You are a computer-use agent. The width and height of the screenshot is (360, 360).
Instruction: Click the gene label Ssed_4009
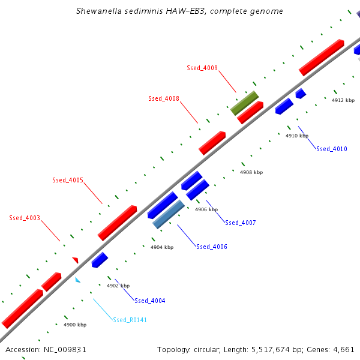[202, 68]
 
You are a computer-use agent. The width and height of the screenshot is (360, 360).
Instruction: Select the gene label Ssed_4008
[164, 98]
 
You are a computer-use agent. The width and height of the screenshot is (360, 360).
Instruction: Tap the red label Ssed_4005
[68, 180]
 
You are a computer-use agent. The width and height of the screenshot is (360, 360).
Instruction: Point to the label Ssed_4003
[25, 218]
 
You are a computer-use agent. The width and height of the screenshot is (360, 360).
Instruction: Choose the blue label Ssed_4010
[332, 149]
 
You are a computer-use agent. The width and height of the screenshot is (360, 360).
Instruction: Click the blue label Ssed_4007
[241, 223]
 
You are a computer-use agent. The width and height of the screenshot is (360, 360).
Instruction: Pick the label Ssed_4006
[212, 247]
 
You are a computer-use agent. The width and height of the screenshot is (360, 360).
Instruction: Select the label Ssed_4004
[150, 301]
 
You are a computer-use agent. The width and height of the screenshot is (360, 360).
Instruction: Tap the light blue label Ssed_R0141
[130, 320]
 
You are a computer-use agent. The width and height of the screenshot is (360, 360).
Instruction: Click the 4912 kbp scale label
[343, 100]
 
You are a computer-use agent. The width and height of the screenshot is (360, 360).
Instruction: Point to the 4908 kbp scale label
[251, 172]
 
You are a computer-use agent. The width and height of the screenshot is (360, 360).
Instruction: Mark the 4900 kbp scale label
[75, 325]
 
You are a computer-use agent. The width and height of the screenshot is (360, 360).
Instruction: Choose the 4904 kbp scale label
[162, 247]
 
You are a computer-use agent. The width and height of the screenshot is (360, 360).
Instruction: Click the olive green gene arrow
[245, 103]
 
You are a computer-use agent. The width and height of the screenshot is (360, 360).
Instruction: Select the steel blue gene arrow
[169, 214]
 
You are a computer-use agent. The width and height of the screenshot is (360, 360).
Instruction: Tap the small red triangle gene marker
[76, 260]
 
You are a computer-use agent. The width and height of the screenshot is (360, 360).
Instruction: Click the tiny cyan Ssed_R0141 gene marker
[77, 280]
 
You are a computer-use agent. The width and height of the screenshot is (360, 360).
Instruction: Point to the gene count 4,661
[344, 349]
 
